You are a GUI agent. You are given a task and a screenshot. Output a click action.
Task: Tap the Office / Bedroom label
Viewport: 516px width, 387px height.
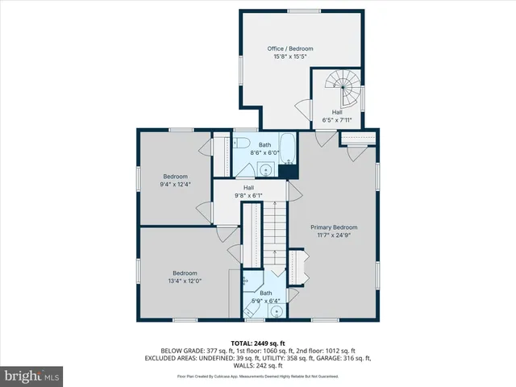coord(290,49)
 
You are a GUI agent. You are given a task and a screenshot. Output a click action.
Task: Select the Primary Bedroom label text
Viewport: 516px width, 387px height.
coord(334,227)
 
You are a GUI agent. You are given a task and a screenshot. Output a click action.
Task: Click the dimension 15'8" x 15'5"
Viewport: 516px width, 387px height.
coord(290,57)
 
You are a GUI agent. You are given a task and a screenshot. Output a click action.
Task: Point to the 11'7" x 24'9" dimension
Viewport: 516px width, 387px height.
coord(334,236)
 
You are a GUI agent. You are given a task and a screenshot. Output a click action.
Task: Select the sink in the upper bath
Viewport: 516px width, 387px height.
coord(264,169)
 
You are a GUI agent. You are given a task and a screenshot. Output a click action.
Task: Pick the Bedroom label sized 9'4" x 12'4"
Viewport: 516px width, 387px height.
coord(175,177)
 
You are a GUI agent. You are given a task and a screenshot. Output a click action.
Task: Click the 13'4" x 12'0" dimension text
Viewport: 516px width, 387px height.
coord(185,281)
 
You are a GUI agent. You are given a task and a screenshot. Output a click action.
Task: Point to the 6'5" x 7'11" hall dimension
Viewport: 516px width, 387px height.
coord(336,120)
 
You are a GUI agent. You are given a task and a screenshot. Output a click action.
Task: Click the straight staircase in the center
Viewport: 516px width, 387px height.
coord(275,234)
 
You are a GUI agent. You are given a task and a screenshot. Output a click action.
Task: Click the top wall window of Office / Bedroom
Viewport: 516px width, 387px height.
coord(303,11)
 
